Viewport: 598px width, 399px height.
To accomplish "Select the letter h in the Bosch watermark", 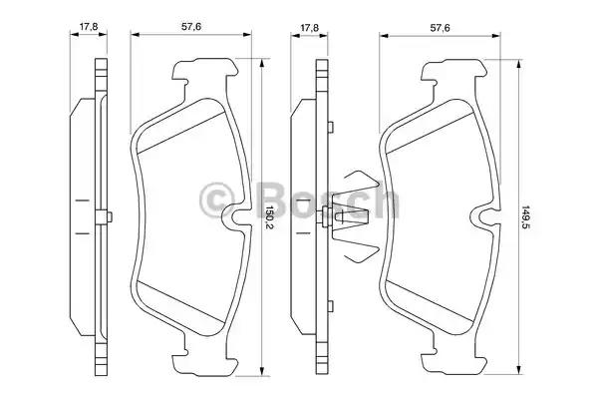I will point(383,200).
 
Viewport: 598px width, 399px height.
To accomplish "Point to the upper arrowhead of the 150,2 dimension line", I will point(263,62).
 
